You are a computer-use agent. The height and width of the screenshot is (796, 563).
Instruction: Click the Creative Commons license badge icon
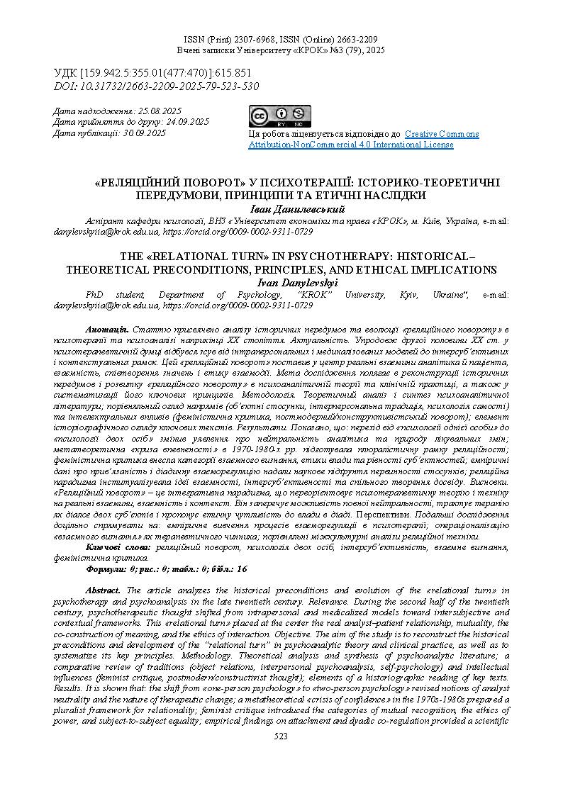point(279,116)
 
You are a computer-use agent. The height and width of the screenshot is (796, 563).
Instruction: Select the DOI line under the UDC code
point(157,86)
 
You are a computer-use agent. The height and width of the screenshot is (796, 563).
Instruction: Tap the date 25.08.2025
point(159,111)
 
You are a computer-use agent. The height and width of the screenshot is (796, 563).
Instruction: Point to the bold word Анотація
point(106,330)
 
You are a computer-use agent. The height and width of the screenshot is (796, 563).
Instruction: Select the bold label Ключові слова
point(118,546)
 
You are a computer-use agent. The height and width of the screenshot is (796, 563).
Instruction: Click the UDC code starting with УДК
point(152,74)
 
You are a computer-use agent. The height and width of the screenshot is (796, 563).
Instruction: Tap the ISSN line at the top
point(281,40)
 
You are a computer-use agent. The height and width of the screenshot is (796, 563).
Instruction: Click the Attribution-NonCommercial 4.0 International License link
point(350,145)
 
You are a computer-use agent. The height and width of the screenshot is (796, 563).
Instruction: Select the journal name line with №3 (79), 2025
point(281,51)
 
